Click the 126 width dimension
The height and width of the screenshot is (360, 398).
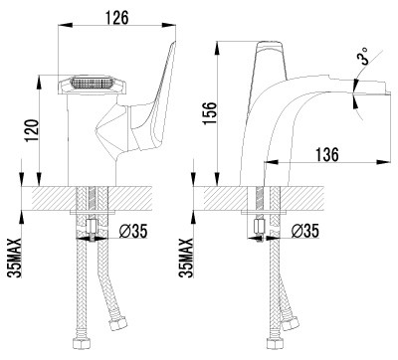pos(117,17)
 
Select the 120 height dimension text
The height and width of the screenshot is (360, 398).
pos(33,130)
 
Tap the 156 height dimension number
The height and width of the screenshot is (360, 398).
pos(210,113)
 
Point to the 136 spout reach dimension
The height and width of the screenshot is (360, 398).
pos(326,154)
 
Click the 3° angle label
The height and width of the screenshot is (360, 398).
pos(362,57)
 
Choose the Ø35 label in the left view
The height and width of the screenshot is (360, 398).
pos(132,231)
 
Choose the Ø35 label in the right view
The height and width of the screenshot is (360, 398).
pos(305,231)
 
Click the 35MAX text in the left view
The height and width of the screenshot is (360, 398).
pos(15,258)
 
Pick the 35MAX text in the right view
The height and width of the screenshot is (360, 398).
pos(186,258)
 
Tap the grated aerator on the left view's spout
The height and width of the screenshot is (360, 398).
pos(92,83)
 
